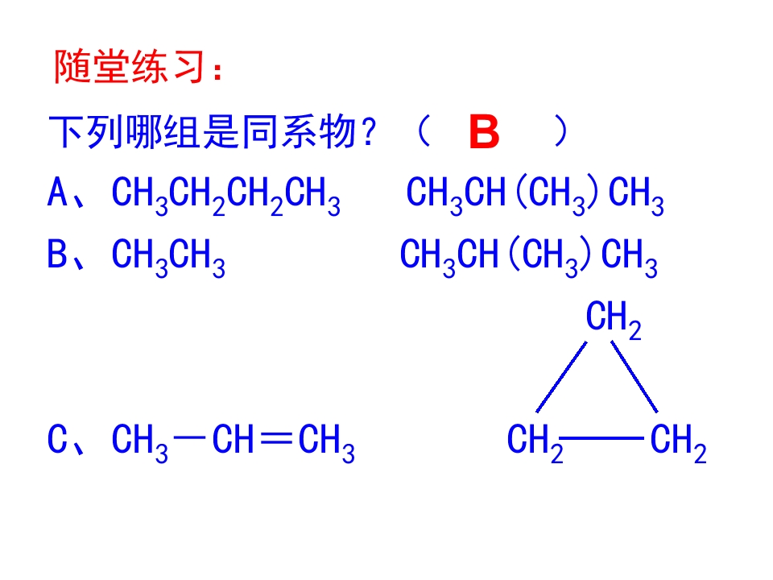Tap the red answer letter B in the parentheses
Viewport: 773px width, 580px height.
pyautogui.click(x=484, y=131)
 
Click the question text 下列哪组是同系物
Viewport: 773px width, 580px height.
pyautogui.click(x=202, y=131)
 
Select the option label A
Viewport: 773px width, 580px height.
pyautogui.click(x=57, y=192)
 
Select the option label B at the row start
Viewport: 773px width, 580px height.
pyautogui.click(x=57, y=254)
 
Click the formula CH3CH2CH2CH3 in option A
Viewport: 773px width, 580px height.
pyautogui.click(x=225, y=196)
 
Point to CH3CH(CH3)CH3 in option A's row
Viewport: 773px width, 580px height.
pyautogui.click(x=535, y=196)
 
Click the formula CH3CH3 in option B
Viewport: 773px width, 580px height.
pyautogui.click(x=168, y=258)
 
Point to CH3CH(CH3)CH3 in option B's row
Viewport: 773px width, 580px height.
pyautogui.click(x=528, y=258)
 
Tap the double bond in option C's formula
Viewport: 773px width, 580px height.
pyautogui.click(x=276, y=437)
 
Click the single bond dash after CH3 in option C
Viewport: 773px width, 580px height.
pyautogui.click(x=190, y=437)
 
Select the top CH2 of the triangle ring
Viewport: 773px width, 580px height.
pyautogui.click(x=614, y=320)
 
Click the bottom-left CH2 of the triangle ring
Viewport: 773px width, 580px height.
pyautogui.click(x=535, y=442)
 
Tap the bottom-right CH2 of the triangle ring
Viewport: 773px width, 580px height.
pyautogui.click(x=678, y=442)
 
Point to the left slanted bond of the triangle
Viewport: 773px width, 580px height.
pyautogui.click(x=561, y=377)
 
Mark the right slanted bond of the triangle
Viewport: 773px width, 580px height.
pyautogui.click(x=635, y=376)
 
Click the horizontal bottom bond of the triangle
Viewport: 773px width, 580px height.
pyautogui.click(x=601, y=437)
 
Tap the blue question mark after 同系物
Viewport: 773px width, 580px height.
pyautogui.click(x=368, y=133)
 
